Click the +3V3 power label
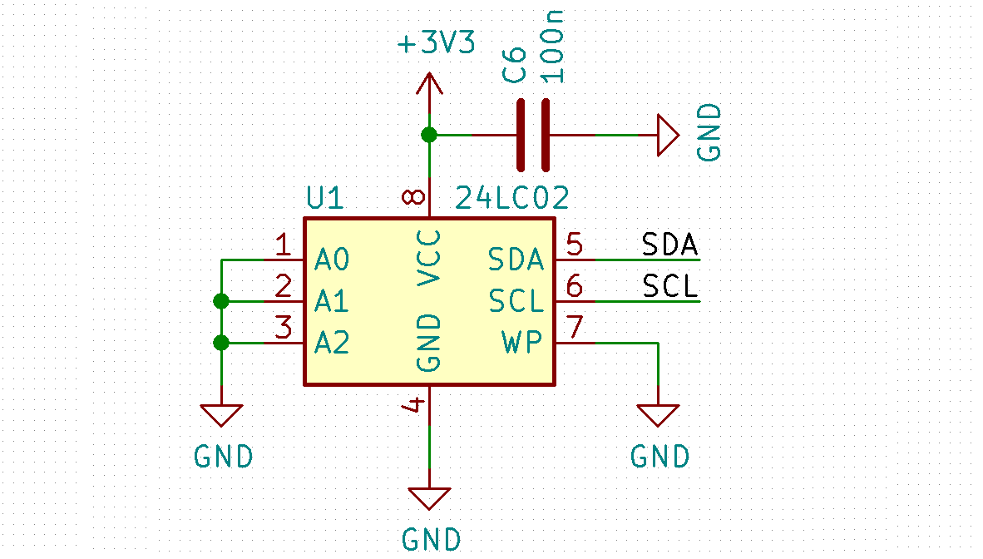[436, 44]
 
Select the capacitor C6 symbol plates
[533, 135]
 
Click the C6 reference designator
[515, 65]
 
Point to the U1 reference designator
[324, 199]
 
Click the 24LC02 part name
[512, 199]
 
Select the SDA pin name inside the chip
[516, 260]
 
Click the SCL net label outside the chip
[669, 287]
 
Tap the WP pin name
[522, 342]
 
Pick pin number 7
[575, 328]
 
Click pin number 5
[575, 245]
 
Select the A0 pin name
[332, 260]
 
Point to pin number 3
[284, 328]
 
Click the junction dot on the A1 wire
[221, 301]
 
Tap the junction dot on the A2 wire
[221, 342]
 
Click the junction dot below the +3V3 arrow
[429, 135]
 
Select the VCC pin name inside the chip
[429, 257]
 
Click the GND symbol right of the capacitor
[667, 135]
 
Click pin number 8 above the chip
[413, 197]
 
